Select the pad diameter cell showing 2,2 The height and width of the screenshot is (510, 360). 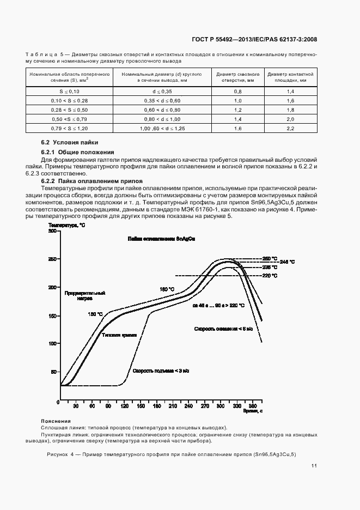click(x=290, y=128)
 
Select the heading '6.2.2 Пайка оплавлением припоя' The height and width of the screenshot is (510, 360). click(x=92, y=180)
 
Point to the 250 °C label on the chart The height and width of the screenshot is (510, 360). click(x=270, y=258)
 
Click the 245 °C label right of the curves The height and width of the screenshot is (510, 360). click(x=287, y=262)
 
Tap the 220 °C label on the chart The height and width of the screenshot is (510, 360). click(x=270, y=276)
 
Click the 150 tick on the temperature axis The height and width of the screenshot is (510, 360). click(x=53, y=315)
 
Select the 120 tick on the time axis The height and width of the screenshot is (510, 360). click(x=124, y=406)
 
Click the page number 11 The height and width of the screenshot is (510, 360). click(x=314, y=466)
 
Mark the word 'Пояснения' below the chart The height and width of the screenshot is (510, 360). click(x=56, y=421)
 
